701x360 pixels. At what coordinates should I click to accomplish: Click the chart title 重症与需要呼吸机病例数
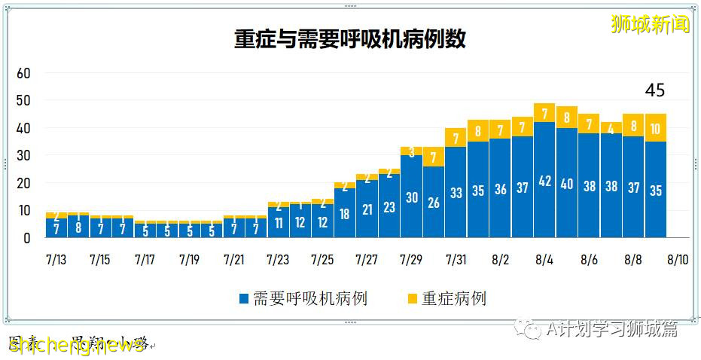point(350,39)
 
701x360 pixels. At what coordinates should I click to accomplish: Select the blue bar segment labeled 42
point(544,181)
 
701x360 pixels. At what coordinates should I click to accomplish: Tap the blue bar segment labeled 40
point(566,183)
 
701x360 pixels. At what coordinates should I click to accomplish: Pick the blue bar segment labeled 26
point(433,202)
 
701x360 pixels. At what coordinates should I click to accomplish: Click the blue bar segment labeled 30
point(411,197)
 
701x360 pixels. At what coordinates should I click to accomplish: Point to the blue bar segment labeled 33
point(456,193)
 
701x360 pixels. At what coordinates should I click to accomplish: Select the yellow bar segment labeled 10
point(655,128)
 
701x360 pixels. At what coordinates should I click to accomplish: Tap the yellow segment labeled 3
point(411,151)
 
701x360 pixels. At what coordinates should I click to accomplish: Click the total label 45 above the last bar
point(655,90)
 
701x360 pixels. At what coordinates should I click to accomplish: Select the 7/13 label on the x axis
point(56,260)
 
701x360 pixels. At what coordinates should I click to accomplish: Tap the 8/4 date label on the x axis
point(544,260)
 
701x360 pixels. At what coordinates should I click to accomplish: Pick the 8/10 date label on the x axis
point(677,260)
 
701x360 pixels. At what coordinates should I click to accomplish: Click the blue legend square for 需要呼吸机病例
point(243,299)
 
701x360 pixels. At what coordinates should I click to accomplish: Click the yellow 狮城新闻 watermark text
point(650,25)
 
